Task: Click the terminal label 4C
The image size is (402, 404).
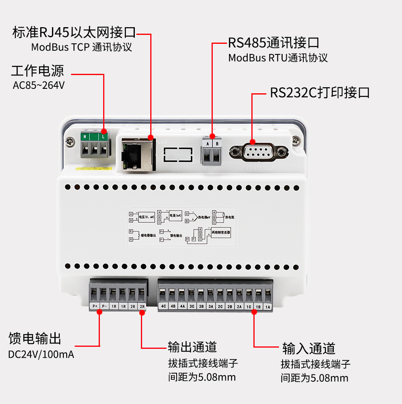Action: point(164,307)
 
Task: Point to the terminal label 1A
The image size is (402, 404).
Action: point(268,307)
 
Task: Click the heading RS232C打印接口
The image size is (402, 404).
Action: point(320,92)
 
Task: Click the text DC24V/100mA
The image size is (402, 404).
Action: point(41,354)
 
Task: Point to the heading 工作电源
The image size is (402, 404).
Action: point(37,71)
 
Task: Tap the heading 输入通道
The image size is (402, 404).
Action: point(309,348)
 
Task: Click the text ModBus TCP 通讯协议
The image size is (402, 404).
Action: point(82,47)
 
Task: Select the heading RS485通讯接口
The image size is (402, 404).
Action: point(273,43)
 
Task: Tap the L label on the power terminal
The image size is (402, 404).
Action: point(104,137)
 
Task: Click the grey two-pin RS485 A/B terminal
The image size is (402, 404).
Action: point(212,152)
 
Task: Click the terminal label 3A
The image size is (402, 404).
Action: point(210,307)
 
